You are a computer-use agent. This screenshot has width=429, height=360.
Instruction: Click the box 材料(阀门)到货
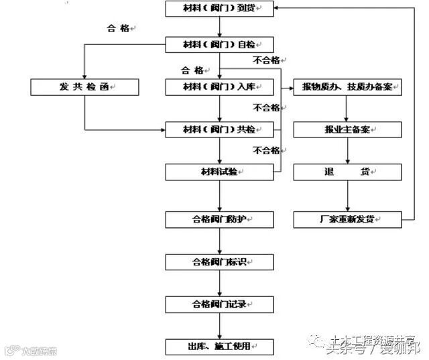tap(220, 9)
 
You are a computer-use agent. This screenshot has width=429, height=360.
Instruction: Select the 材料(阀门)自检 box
tap(220, 45)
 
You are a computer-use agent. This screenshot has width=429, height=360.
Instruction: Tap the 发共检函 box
tap(84, 86)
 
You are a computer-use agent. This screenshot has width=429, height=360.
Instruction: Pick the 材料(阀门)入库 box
tap(220, 86)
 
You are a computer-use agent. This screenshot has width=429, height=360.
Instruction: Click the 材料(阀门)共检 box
tap(220, 129)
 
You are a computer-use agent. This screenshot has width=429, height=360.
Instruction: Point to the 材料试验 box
tap(220, 172)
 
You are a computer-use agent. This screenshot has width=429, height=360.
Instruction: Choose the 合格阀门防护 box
tap(220, 219)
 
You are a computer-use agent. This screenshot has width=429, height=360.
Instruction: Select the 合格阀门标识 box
tap(220, 261)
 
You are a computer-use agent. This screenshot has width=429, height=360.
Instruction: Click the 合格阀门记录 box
tap(220, 304)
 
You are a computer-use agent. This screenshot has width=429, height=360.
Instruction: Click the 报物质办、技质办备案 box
tap(347, 86)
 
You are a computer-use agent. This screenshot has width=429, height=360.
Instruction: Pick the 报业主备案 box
tap(347, 129)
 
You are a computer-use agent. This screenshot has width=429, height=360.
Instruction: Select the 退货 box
tap(347, 172)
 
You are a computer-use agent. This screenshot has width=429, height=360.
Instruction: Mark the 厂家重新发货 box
tap(347, 219)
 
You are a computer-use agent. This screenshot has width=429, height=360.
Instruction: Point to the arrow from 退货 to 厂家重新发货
tap(347, 196)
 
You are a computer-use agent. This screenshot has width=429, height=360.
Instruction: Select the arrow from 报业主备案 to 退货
tap(347, 150)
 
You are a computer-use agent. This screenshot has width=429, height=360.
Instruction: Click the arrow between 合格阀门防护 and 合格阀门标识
tap(220, 241)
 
